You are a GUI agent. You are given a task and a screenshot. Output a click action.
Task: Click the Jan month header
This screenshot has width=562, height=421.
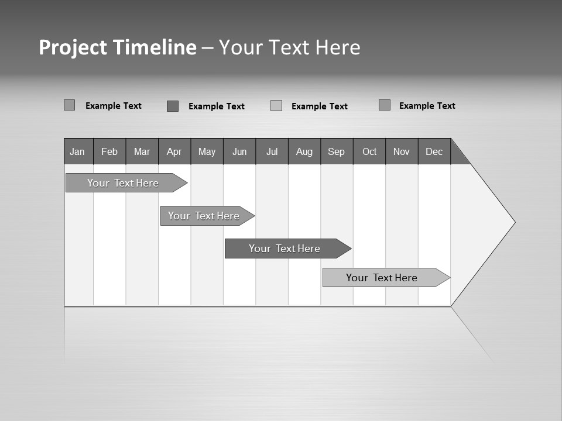[77, 151]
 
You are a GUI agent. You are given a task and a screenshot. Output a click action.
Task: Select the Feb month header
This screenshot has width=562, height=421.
[109, 151]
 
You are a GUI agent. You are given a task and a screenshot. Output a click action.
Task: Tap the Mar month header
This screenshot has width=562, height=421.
[142, 151]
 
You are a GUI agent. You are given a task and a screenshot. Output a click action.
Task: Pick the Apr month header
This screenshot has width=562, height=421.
[174, 151]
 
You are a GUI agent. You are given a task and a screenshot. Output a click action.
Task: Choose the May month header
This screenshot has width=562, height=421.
[207, 151]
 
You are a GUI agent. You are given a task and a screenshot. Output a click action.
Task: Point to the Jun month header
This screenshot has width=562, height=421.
[239, 151]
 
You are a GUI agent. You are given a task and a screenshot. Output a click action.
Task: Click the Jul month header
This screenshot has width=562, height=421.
[272, 151]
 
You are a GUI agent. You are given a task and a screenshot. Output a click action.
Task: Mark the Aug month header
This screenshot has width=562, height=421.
[304, 151]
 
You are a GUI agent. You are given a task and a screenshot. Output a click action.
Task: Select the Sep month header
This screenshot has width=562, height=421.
[337, 151]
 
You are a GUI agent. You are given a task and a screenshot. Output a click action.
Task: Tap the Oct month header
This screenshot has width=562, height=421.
[369, 151]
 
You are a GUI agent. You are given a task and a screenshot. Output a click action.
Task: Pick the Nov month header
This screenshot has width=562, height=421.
[402, 151]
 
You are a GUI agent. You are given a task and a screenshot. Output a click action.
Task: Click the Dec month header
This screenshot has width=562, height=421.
[434, 151]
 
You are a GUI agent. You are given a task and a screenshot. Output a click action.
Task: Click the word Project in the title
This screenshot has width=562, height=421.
[73, 48]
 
